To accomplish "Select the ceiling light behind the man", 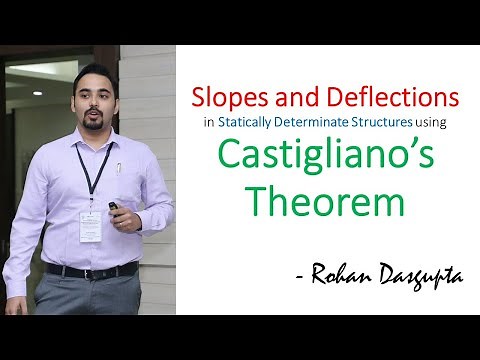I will (37, 93).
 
